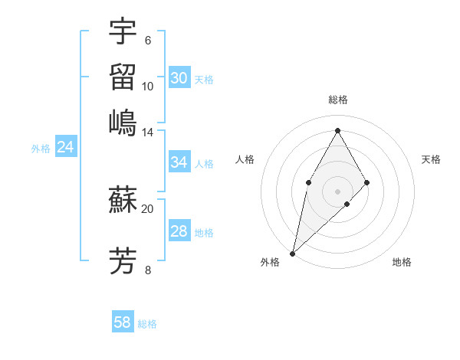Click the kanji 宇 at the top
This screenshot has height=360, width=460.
click(123, 31)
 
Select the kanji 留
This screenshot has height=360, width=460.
click(123, 77)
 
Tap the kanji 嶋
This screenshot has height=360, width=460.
click(123, 122)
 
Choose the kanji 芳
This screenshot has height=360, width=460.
click(123, 261)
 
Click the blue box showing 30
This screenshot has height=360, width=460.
click(179, 78)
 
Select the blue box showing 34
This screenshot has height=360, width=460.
click(179, 162)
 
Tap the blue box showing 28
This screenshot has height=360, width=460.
click(179, 232)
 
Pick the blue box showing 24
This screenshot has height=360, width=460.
click(65, 148)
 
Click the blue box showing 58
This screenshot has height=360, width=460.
click(123, 322)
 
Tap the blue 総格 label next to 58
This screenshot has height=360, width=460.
click(147, 324)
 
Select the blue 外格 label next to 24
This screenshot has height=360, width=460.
click(40, 149)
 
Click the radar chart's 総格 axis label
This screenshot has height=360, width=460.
click(337, 100)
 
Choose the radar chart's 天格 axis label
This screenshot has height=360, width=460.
click(431, 159)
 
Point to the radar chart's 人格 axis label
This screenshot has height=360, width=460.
click(245, 159)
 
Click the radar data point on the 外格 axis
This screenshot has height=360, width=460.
click(292, 253)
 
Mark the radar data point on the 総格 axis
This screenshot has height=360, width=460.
click(337, 130)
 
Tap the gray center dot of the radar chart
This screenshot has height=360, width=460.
click(337, 191)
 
